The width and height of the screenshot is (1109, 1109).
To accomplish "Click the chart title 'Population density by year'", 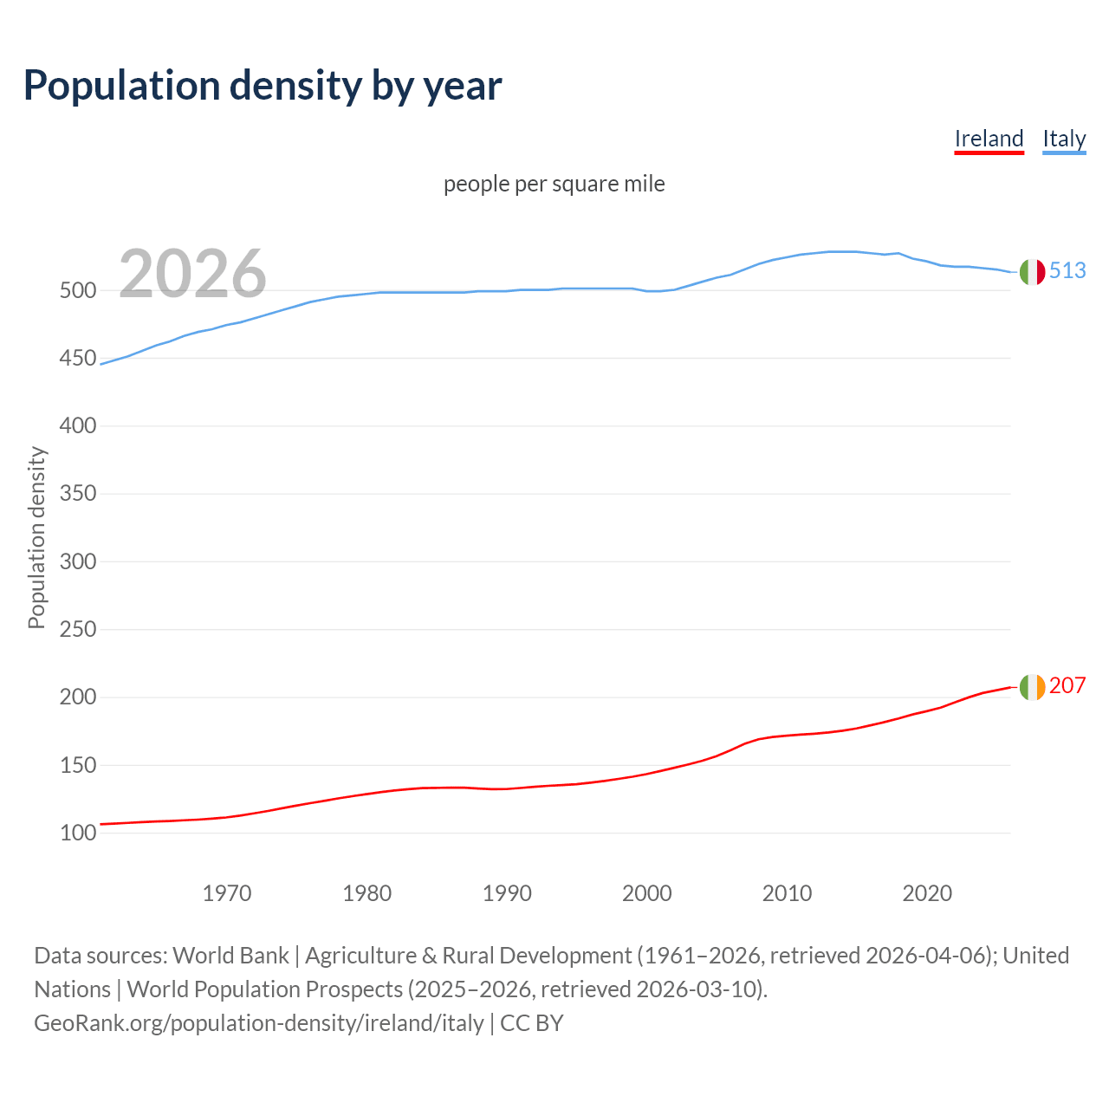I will coord(263,85).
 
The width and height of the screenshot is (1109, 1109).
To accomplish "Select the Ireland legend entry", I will coord(989,139).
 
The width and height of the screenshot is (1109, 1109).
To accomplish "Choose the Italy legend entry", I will coord(1064,139).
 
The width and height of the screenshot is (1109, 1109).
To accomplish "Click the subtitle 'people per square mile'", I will coord(554,184).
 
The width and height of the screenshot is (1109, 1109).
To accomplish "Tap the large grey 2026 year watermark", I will coord(192,274).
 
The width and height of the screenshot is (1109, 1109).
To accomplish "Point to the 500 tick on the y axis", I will coord(77,291).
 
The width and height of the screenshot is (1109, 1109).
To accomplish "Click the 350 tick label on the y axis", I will coord(77,494).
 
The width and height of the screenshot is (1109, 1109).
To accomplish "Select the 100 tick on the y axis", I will coord(77,833).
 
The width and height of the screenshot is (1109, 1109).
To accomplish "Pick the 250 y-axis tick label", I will coord(77,630).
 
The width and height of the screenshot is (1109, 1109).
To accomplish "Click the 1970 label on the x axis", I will coord(227,893).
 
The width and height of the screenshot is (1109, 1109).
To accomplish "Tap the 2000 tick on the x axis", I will coord(647,893).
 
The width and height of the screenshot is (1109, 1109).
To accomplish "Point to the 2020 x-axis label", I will coord(927,893).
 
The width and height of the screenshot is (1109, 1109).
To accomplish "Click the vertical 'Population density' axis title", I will coord(36,537).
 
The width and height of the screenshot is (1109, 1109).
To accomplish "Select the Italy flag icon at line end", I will coord(1032,272).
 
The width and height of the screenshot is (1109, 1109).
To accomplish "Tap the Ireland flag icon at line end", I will coord(1032,687).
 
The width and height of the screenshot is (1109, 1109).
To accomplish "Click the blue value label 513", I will coord(1067,271).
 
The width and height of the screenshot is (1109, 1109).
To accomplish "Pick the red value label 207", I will coord(1067,686).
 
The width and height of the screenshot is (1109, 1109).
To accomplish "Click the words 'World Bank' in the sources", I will coord(230,956).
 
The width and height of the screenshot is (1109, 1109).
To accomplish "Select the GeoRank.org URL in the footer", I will coord(259,1023).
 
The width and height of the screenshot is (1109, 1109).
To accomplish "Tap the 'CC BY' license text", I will coord(532,1023).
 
